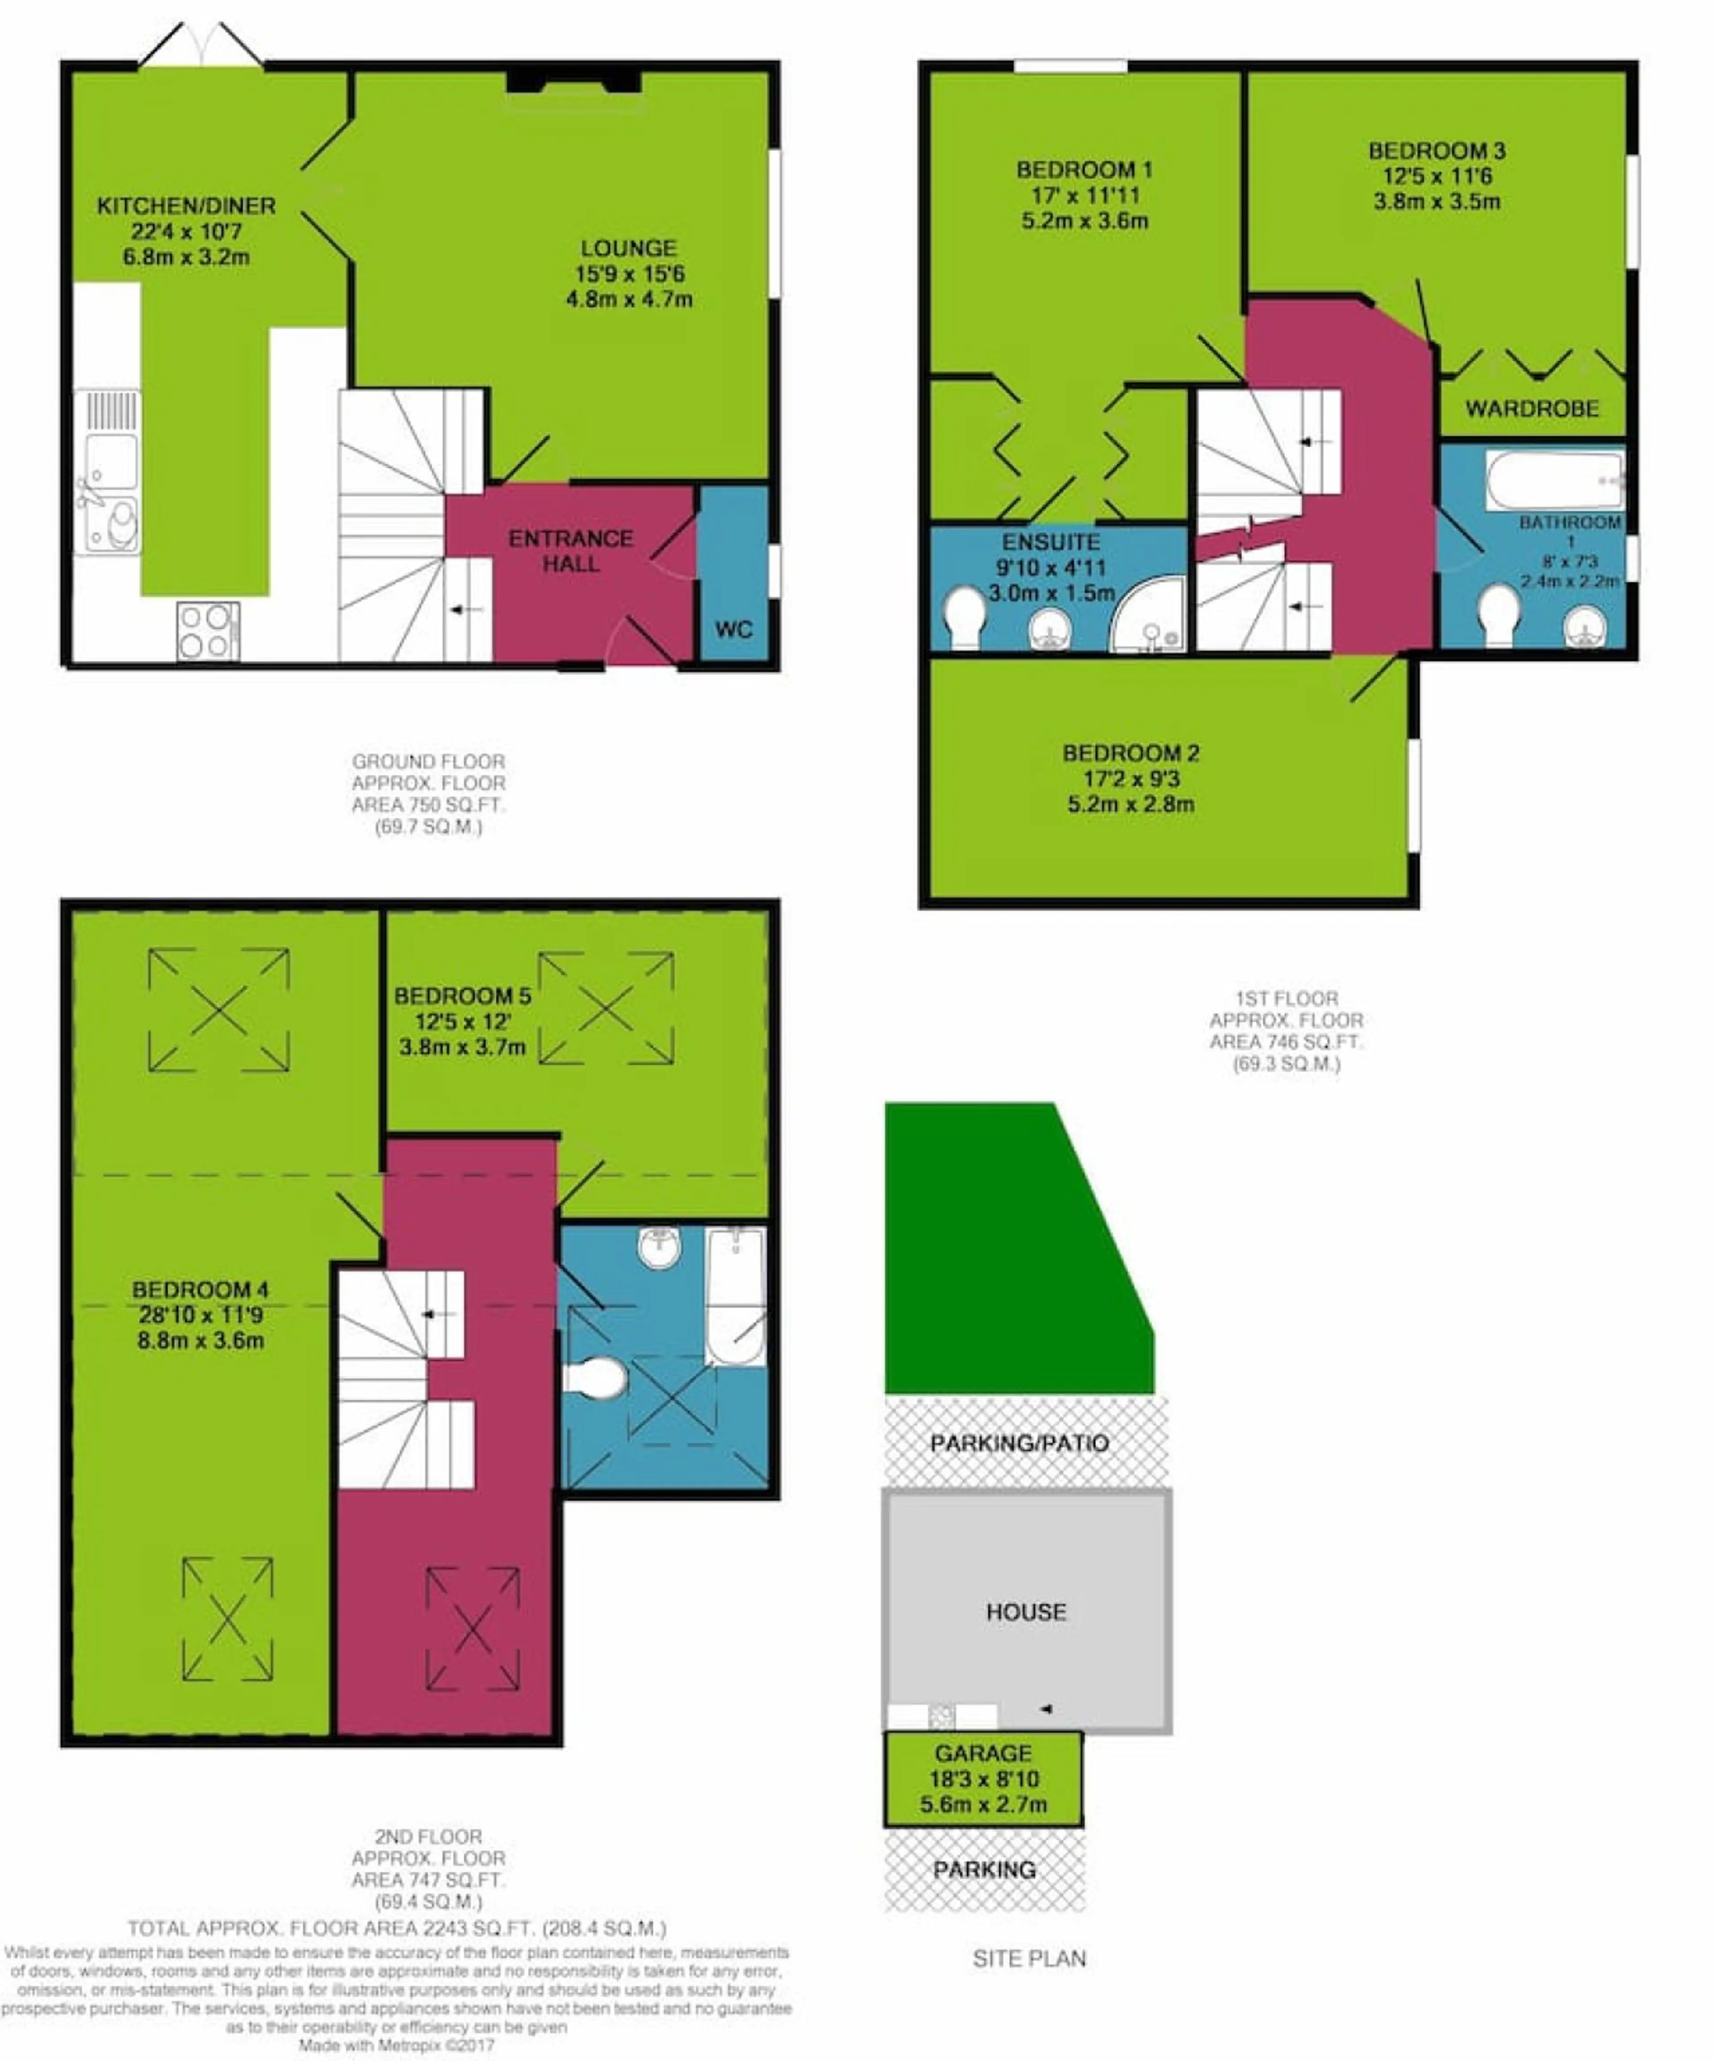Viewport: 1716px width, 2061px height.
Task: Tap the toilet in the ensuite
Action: (964, 616)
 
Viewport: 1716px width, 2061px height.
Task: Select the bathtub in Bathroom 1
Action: (1555, 480)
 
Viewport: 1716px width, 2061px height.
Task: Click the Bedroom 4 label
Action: (200, 1290)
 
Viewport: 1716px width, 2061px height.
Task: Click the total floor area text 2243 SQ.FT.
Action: (397, 1929)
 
